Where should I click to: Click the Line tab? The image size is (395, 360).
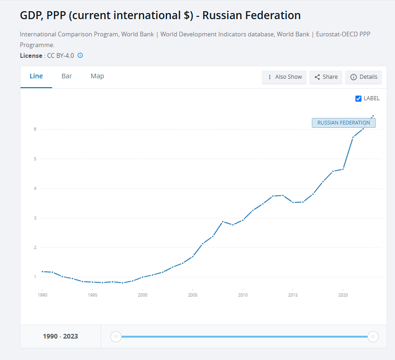36,76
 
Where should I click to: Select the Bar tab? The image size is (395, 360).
67,76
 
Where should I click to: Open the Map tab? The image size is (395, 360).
97,76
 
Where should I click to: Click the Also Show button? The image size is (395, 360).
284,77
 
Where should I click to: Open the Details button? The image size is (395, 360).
363,77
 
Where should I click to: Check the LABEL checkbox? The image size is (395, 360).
358,98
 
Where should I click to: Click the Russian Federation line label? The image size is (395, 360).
343,123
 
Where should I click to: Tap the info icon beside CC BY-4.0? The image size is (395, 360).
80,55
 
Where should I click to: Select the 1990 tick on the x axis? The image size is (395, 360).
42,295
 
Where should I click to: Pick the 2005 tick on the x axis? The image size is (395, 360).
192,295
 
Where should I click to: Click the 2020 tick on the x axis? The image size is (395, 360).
343,295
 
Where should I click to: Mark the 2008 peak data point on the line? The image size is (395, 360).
223,222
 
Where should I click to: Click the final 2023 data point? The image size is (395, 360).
373,116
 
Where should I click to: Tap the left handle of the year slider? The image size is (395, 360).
116,336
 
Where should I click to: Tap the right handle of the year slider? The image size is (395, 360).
373,336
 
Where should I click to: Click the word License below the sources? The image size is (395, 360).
31,55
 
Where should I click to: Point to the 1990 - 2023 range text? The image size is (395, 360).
61,336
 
